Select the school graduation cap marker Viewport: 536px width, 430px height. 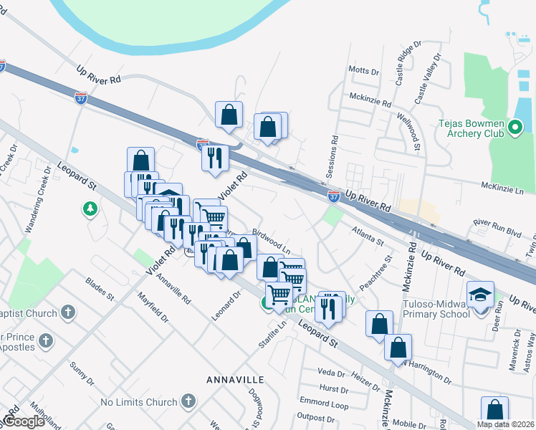pos(479,295)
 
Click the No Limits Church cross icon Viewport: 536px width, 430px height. pos(188,401)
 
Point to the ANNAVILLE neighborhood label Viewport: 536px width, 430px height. pos(235,378)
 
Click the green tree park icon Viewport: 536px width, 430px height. pos(90,209)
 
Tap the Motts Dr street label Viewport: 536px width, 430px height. pos(363,71)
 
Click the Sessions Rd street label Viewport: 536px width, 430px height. pos(331,158)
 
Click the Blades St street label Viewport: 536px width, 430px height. pos(100,289)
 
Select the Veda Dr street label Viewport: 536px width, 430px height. pos(332,373)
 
